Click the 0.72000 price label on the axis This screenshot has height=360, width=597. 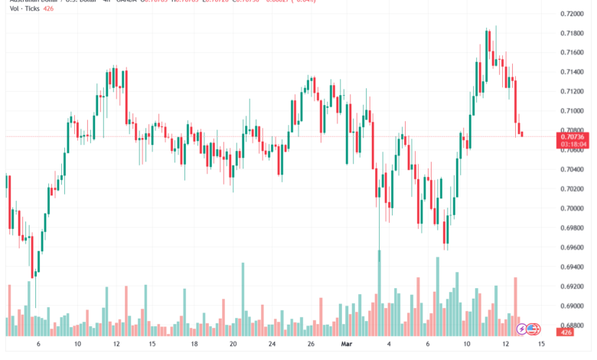tap(574, 14)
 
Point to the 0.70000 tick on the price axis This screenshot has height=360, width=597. tap(574, 208)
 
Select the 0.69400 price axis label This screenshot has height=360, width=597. tap(574, 267)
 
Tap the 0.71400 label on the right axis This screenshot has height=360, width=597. tap(574, 72)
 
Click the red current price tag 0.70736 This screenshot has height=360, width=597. tap(574, 135)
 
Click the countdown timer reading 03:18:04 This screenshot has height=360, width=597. tap(574, 143)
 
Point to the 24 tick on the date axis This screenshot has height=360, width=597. tap(272, 345)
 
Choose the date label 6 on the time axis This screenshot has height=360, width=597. tap(38, 345)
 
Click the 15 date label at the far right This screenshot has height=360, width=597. tap(542, 345)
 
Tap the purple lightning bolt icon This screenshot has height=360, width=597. tap(522, 329)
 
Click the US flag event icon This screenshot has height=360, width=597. tap(534, 329)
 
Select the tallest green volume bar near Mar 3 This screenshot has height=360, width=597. tap(379, 295)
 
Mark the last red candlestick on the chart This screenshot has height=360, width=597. tap(522, 134)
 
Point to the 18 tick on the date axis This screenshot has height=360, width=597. tap(194, 345)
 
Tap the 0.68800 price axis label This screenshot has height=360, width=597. tap(574, 326)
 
